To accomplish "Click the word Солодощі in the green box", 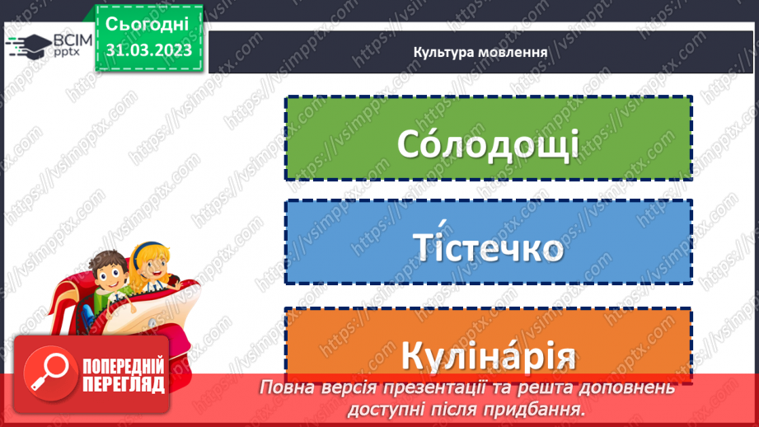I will [488, 143].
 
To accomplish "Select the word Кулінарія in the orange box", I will [488, 357].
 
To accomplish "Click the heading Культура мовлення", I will [481, 51].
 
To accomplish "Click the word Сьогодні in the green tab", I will [148, 23].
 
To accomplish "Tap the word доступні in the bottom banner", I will [394, 408].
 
